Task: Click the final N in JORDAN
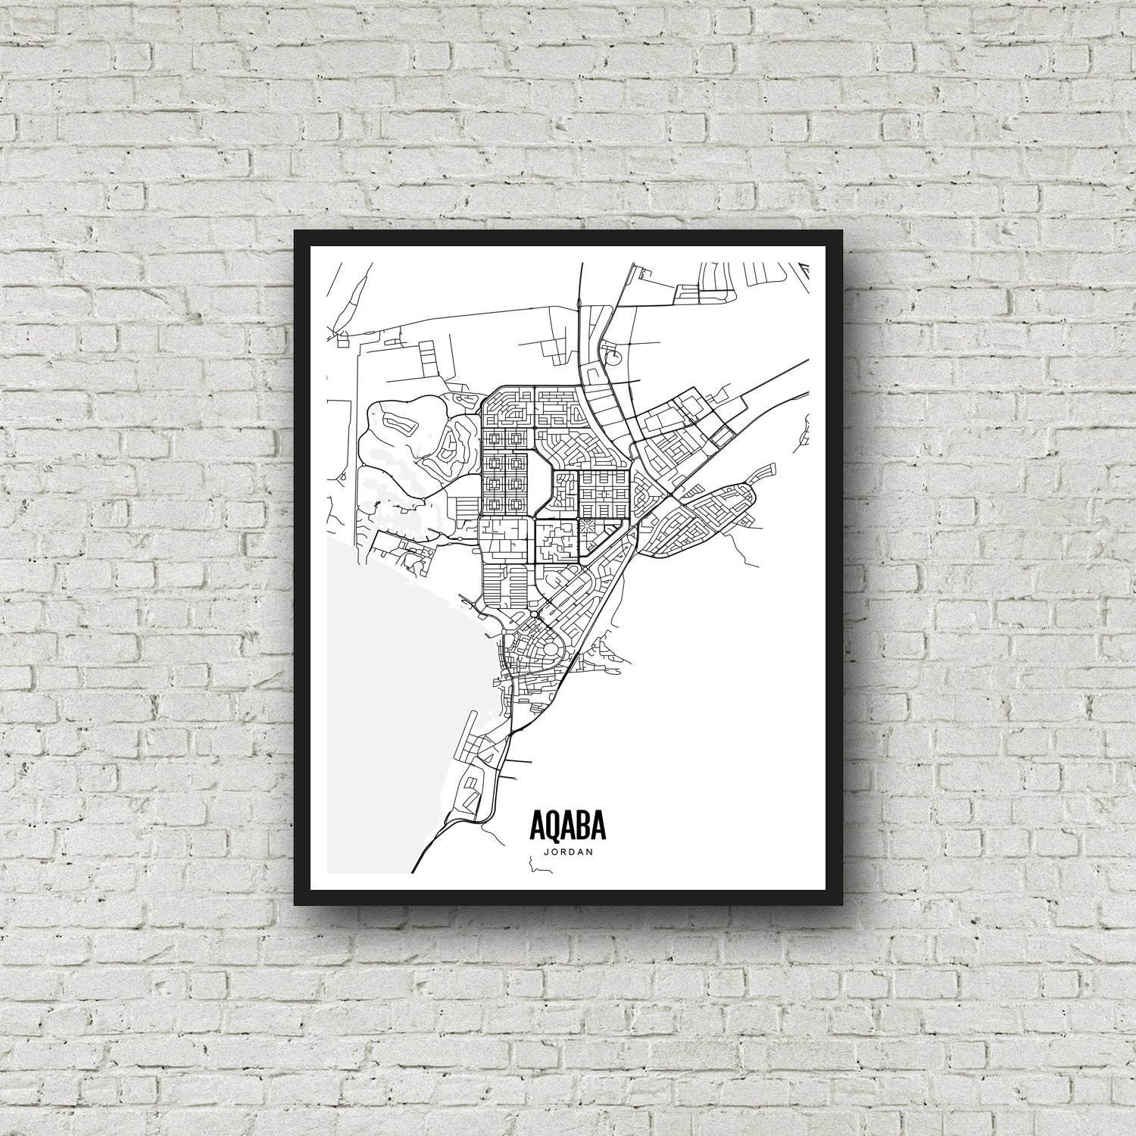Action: coord(590,851)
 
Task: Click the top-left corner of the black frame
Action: coord(296,232)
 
